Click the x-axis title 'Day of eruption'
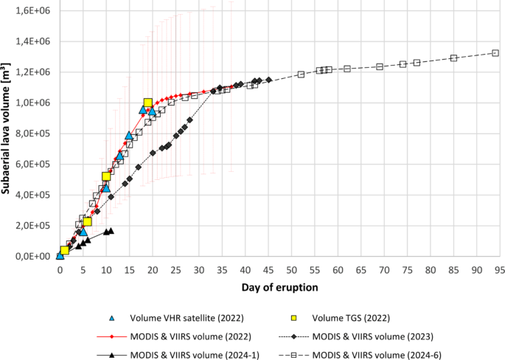point(278,285)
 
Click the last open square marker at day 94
point(495,53)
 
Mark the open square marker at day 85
point(454,58)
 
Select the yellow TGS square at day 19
point(148,103)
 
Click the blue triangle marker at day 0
point(60,256)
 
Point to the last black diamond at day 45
point(268,80)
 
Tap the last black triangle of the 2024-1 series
point(111,231)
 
